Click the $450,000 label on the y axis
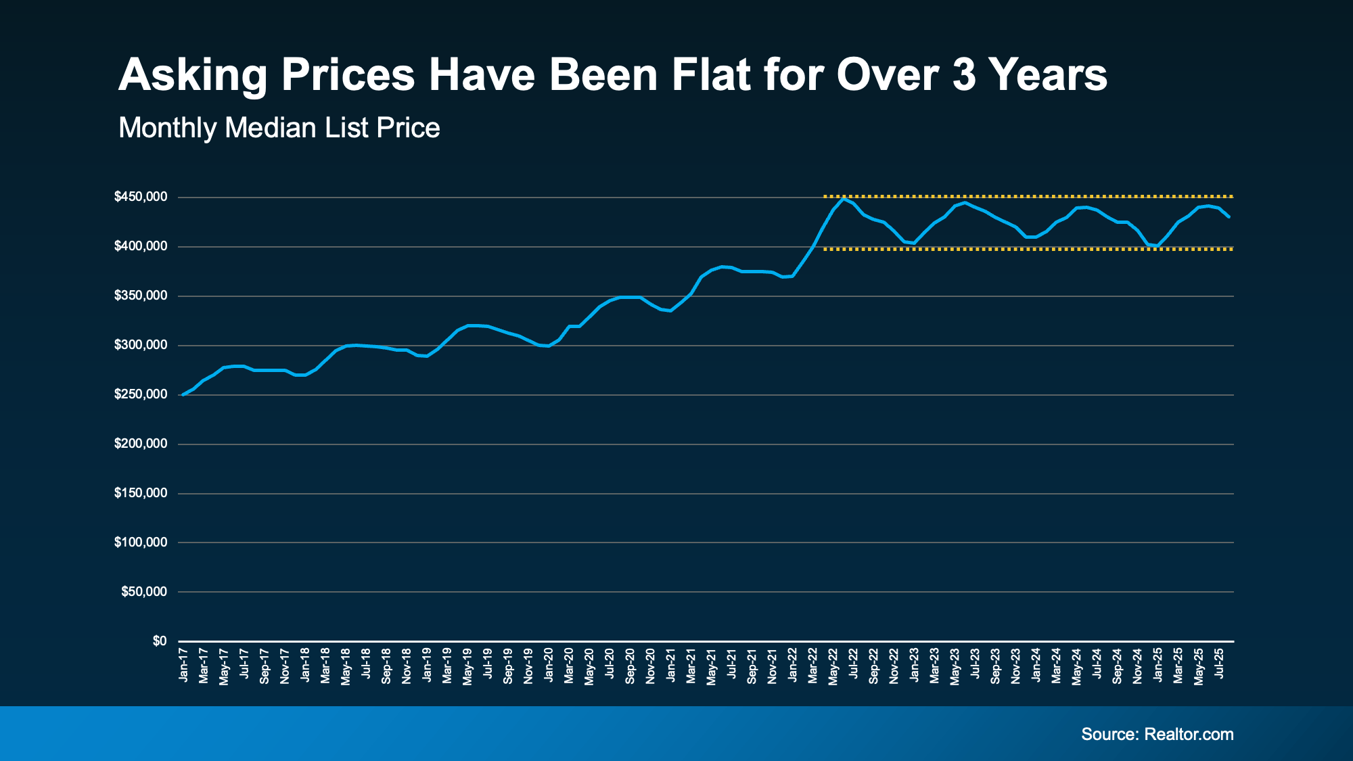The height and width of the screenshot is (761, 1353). pyautogui.click(x=141, y=197)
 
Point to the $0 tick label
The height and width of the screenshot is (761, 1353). pyautogui.click(x=160, y=641)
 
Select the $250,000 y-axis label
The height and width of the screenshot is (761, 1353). pyautogui.click(x=141, y=394)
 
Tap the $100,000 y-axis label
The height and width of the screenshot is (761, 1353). pyautogui.click(x=141, y=543)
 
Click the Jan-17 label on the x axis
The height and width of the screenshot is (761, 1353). pyautogui.click(x=183, y=664)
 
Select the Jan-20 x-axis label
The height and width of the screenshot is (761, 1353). pyautogui.click(x=549, y=664)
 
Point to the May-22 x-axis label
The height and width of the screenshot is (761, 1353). pyautogui.click(x=833, y=667)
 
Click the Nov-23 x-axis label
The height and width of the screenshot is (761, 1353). pyautogui.click(x=1015, y=666)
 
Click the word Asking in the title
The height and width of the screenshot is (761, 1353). pyautogui.click(x=193, y=76)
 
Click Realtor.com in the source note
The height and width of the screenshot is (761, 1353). pyautogui.click(x=1189, y=734)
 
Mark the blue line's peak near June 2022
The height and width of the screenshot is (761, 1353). pyautogui.click(x=843, y=198)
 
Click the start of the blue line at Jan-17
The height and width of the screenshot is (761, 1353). pyautogui.click(x=183, y=394)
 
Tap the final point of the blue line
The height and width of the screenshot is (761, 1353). pyautogui.click(x=1229, y=216)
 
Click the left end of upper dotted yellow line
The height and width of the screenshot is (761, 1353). pyautogui.click(x=825, y=196)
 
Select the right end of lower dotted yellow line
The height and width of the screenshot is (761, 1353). pyautogui.click(x=1232, y=249)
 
